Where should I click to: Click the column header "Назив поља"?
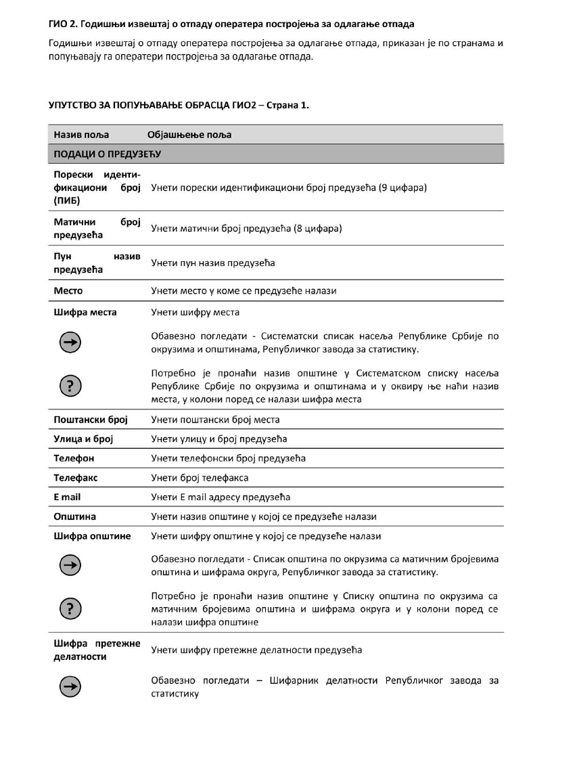(x=81, y=135)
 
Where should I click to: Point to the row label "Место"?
(x=68, y=290)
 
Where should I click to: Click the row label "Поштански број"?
(x=91, y=420)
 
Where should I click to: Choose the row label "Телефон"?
(x=74, y=458)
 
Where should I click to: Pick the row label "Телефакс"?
(x=76, y=478)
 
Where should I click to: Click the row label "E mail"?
(x=67, y=497)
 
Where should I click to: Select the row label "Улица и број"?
(x=83, y=439)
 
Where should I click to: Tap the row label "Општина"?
(x=74, y=516)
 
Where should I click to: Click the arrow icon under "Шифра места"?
(x=70, y=343)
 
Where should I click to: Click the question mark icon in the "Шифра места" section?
(x=70, y=386)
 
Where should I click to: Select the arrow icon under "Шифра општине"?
(x=70, y=566)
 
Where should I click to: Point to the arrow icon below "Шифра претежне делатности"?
(x=70, y=687)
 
